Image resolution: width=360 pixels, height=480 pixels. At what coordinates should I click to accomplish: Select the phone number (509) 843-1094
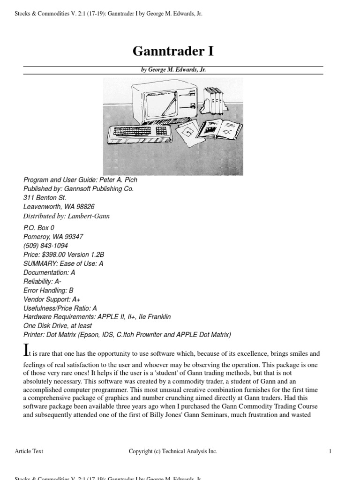tap(45, 246)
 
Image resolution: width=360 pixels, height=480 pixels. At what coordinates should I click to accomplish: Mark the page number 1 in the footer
tap(330, 451)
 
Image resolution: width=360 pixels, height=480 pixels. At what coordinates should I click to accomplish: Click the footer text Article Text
tap(29, 451)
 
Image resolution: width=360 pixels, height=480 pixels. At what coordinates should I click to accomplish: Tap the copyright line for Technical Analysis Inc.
tap(173, 451)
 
